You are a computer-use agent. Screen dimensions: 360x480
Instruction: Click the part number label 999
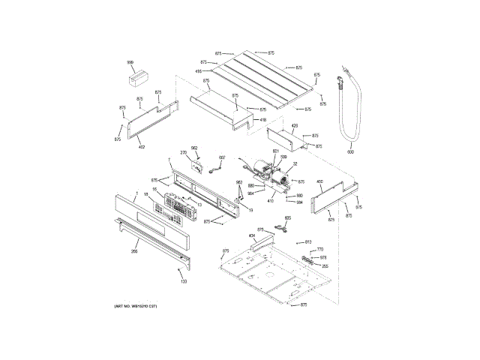coord(130,62)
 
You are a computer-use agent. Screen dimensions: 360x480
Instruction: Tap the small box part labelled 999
coord(136,76)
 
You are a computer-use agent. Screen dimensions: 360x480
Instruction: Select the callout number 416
coord(199,71)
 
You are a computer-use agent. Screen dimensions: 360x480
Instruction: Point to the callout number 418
coord(262,119)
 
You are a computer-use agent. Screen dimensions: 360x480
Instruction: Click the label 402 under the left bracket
coord(141,147)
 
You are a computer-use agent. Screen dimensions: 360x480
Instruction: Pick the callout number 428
coord(295,126)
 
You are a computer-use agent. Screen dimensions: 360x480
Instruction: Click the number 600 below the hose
coord(349,153)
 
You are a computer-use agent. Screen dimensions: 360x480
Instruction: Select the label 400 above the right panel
coord(319,181)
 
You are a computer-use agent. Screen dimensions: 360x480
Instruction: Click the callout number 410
coord(271,200)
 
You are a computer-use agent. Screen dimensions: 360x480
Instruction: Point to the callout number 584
coord(299,202)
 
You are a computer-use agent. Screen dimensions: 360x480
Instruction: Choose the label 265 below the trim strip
coord(134,251)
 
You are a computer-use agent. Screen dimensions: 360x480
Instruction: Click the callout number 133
coord(184,281)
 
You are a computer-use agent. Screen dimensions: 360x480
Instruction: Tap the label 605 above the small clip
coord(287,218)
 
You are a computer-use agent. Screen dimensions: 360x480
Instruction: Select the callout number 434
coord(252,235)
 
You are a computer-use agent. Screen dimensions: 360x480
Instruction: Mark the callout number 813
coord(308,241)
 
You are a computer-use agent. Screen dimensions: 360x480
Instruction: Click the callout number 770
coord(320,249)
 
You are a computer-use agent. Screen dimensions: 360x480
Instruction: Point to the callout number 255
coord(325,265)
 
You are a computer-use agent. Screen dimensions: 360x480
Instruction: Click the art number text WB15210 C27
coord(136,308)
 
